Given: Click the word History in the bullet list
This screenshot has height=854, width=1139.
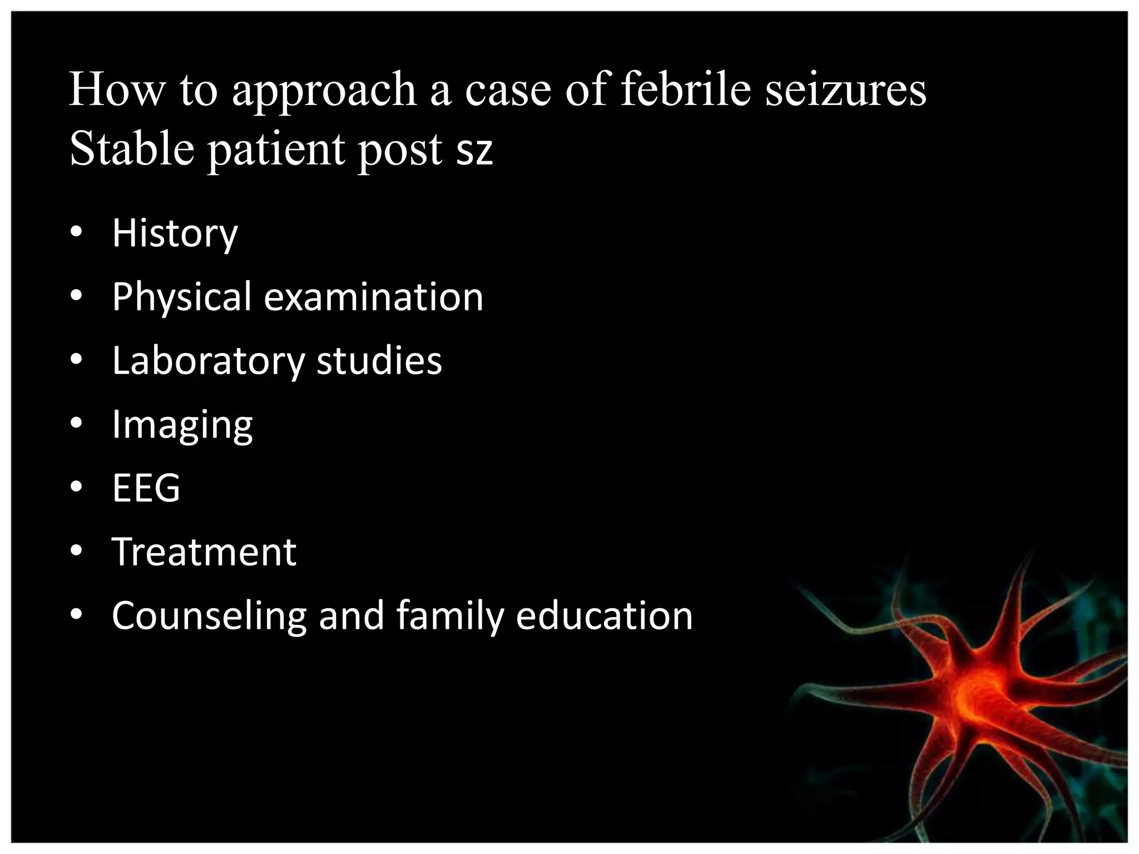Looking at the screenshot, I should tap(175, 234).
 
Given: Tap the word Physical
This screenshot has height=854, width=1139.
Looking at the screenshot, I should tap(181, 297).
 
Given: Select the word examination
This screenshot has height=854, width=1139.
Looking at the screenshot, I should tap(373, 297).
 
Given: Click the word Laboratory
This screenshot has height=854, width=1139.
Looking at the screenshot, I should tap(208, 361).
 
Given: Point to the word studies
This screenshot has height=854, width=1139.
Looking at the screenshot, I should tap(379, 361).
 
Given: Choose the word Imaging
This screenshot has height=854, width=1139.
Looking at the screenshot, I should tap(182, 425).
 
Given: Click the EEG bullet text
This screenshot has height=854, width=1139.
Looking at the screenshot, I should tap(146, 488).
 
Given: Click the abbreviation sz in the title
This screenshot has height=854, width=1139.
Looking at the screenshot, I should tap(474, 151).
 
